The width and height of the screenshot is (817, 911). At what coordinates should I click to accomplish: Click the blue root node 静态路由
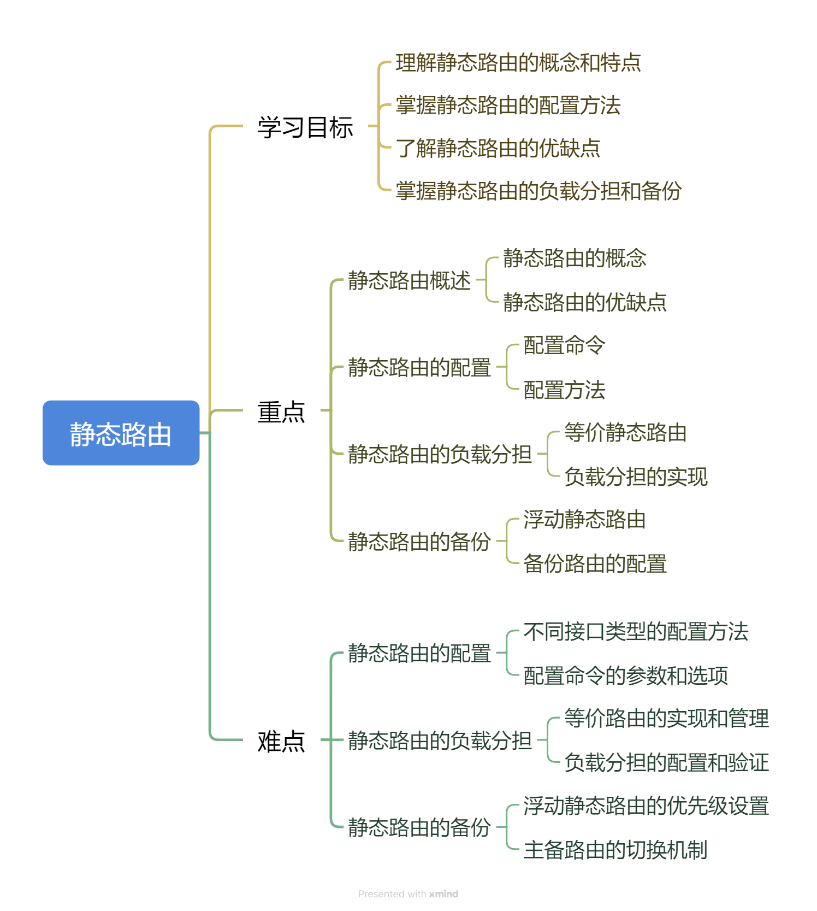point(121,433)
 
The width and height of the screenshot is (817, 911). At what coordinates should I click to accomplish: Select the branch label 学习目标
point(305,127)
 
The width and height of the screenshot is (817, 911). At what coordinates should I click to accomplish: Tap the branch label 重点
point(281,412)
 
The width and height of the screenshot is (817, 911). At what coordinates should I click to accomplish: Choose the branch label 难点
point(281,741)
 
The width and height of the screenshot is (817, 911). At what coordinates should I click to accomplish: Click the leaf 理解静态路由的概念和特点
point(518,63)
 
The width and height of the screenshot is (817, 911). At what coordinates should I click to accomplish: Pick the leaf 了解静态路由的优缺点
point(498,148)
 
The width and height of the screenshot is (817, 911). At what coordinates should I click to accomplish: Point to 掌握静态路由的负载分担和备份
point(538,191)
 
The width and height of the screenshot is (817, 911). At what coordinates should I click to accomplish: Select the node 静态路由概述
point(409,280)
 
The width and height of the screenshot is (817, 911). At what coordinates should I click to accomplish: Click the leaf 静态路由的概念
point(575,258)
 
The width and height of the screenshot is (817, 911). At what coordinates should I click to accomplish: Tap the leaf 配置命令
point(564,345)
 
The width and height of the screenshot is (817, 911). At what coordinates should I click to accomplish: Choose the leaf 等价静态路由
point(625,432)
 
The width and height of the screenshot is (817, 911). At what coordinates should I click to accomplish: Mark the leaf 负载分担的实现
point(636,477)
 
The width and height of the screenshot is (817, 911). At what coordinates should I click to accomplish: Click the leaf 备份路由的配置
point(595,563)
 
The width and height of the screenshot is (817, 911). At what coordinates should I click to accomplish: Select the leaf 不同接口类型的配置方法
point(636,631)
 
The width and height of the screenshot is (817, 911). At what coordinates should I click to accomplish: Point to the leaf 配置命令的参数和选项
point(626,675)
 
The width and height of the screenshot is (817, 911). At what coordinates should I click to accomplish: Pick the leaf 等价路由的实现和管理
point(666,718)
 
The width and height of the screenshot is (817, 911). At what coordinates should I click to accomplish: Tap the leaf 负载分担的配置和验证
point(666,762)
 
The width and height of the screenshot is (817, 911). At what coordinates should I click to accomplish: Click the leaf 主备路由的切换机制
point(615,850)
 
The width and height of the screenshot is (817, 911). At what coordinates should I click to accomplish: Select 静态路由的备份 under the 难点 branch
point(419,827)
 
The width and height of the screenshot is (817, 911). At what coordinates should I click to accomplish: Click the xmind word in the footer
point(443,894)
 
